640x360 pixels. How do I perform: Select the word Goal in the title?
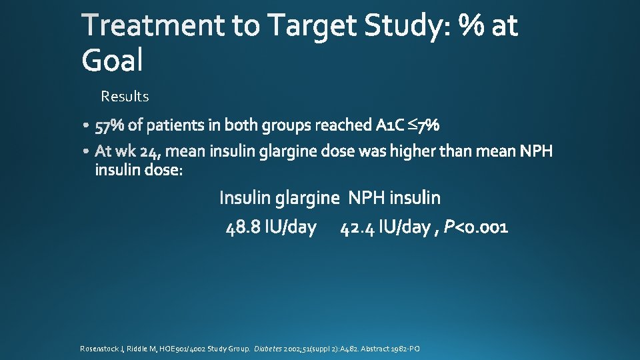112,61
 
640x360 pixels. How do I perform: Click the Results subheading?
125,97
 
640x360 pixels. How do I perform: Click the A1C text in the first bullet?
390,125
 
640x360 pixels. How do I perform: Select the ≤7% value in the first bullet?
423,125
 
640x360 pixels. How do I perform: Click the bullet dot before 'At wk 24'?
89,152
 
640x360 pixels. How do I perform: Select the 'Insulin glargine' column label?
279,198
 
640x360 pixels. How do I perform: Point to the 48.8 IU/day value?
271,228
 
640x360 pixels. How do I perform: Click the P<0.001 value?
476,228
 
